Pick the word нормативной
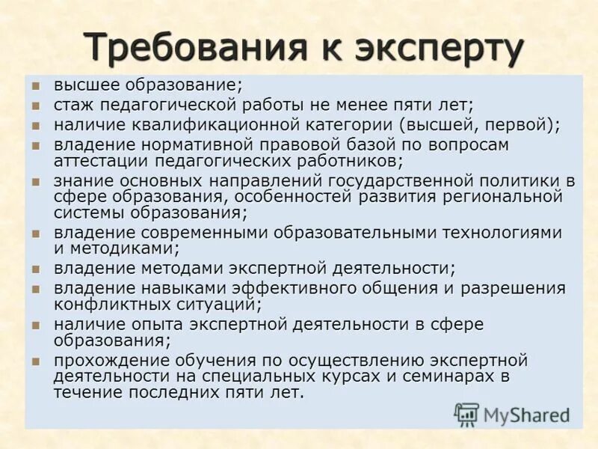pyautogui.click(x=185, y=144)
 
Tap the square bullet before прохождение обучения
pyautogui.click(x=34, y=361)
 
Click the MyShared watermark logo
pyautogui.click(x=511, y=414)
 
